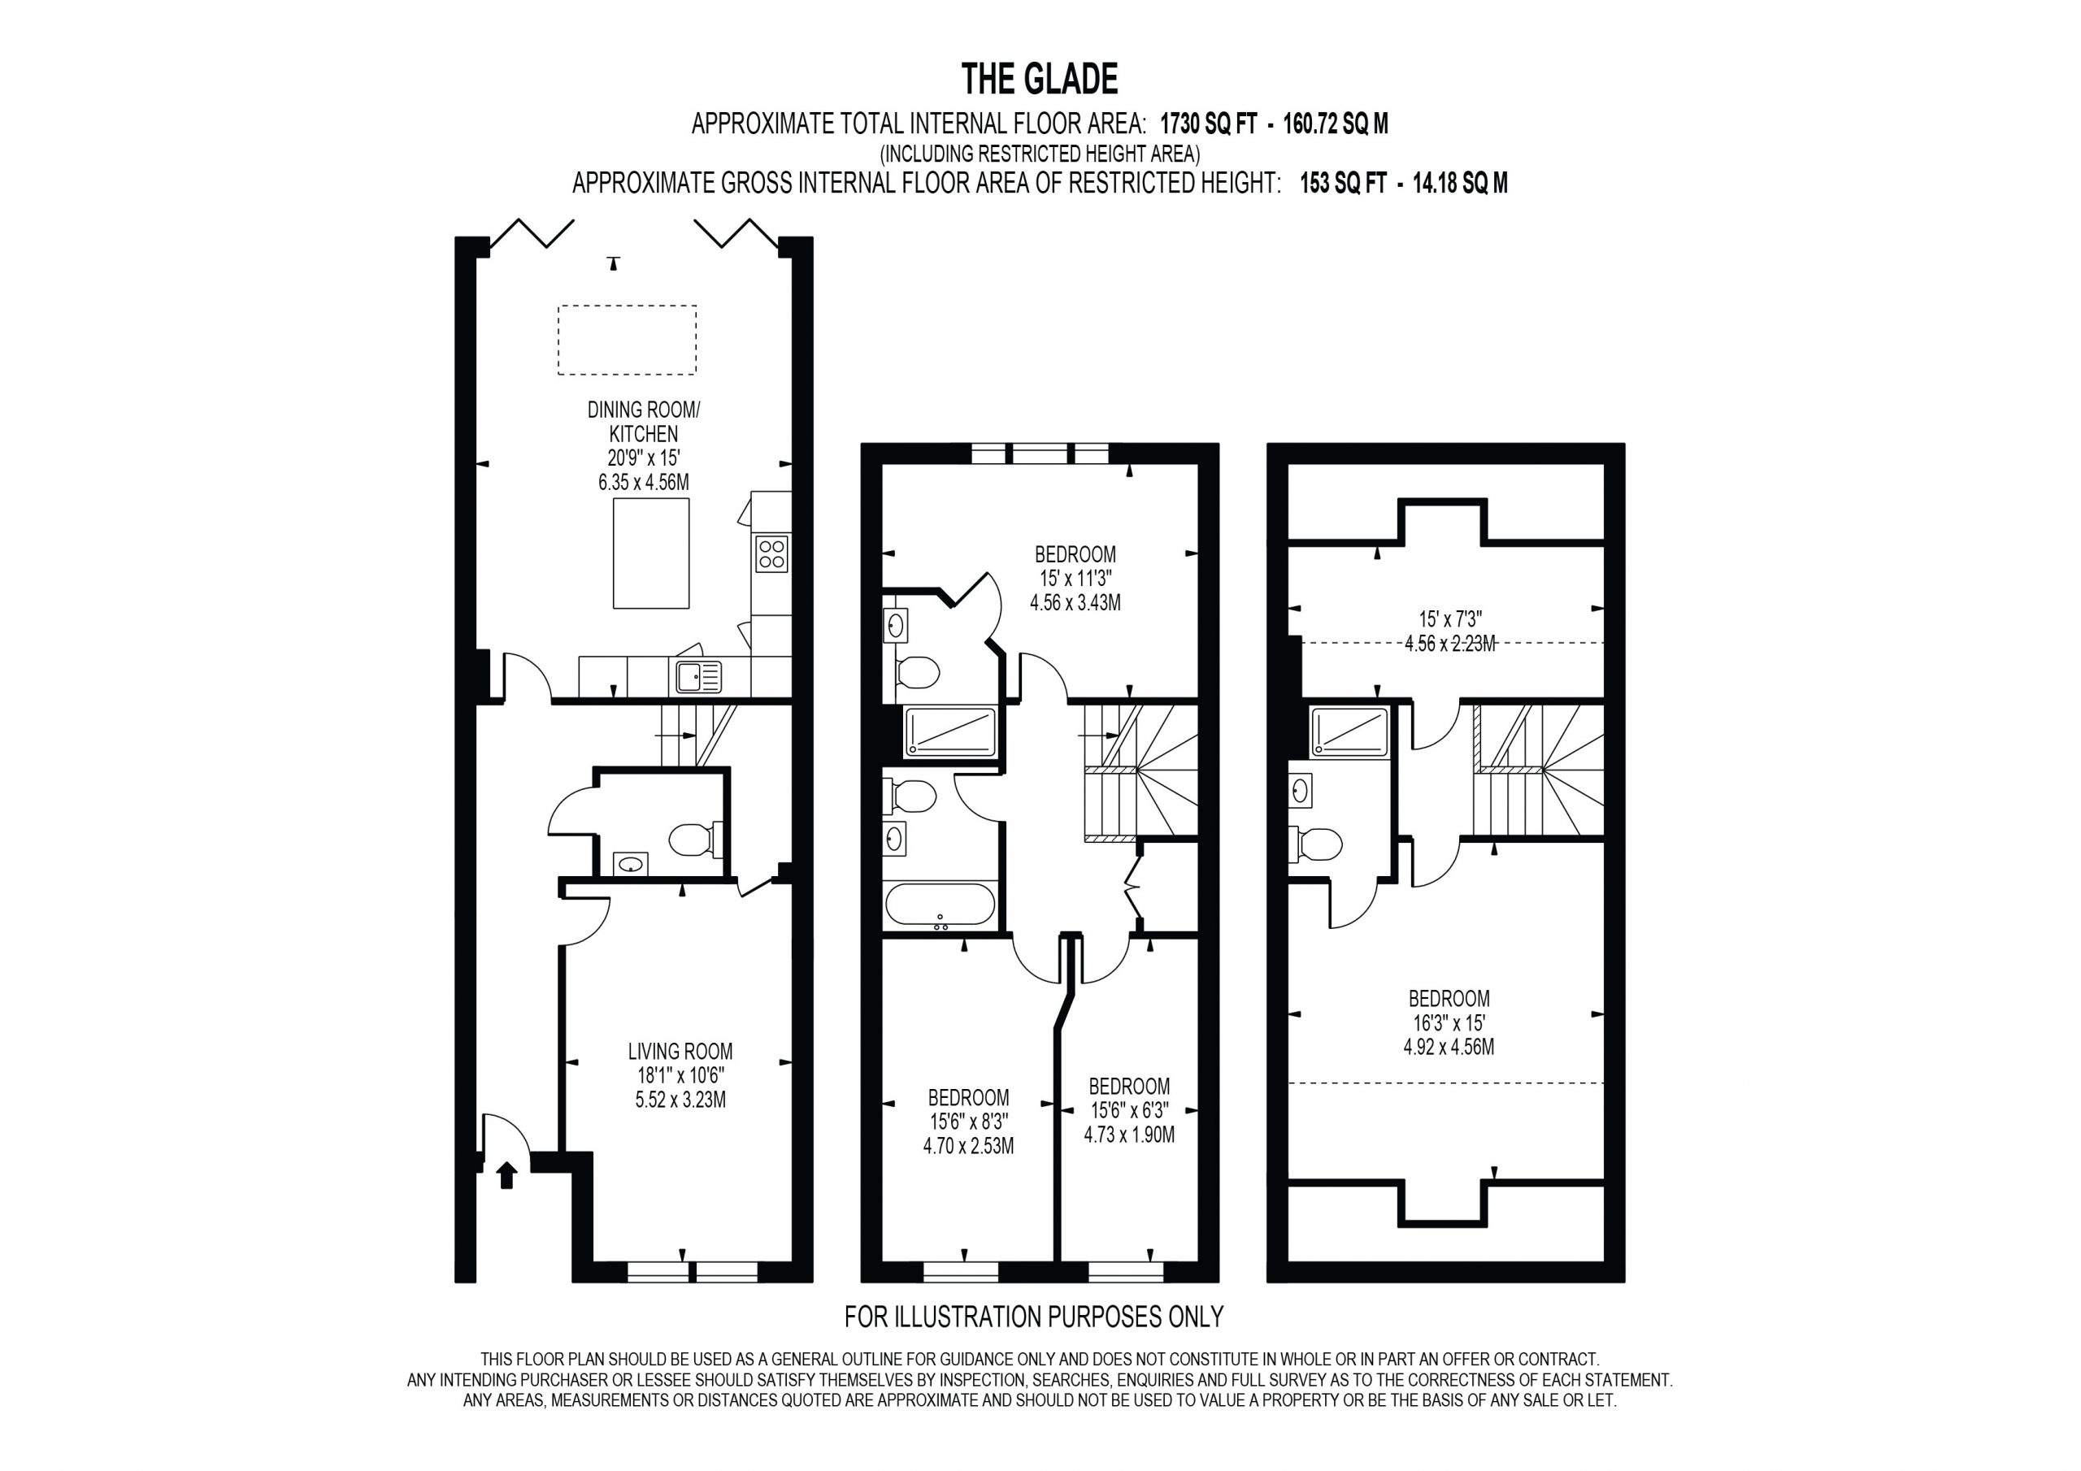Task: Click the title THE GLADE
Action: (x=1040, y=79)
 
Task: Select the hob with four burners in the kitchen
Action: (x=772, y=553)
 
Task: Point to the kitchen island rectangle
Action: (x=651, y=553)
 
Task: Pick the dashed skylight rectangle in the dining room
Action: (x=628, y=340)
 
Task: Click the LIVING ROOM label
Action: (x=680, y=1052)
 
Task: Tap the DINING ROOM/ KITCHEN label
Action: (x=644, y=422)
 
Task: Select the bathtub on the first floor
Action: (x=940, y=905)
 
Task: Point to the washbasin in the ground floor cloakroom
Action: (x=631, y=864)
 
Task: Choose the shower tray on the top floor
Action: (x=1349, y=731)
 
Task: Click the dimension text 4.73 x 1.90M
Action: (x=1128, y=1135)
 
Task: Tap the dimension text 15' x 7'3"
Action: (x=1449, y=620)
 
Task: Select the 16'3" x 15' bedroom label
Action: (x=1449, y=1022)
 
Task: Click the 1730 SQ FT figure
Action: (x=1208, y=124)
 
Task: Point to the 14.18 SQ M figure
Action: (x=1460, y=183)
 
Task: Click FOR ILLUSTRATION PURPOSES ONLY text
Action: (x=1034, y=1316)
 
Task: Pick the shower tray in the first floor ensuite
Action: (x=950, y=731)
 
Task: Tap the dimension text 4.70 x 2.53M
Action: (x=968, y=1146)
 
